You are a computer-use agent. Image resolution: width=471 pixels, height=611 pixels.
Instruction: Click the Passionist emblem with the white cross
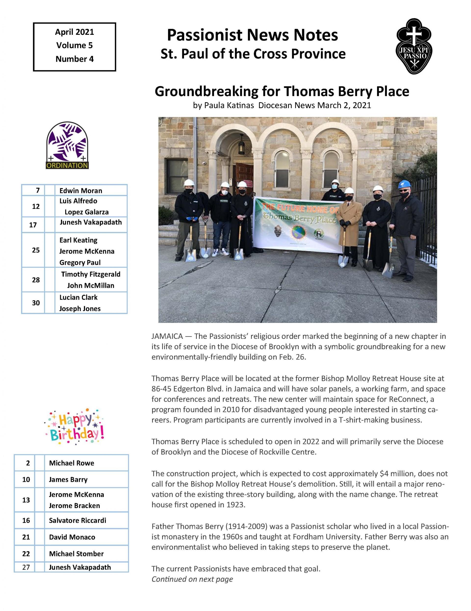click(x=414, y=46)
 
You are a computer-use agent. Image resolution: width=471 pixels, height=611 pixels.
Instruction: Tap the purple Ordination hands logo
click(x=67, y=145)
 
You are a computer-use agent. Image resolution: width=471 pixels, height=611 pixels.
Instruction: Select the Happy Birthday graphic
click(x=74, y=427)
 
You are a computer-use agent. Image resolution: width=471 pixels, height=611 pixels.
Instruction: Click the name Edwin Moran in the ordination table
click(x=81, y=191)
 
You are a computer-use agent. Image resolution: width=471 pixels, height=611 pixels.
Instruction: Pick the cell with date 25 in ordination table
click(x=36, y=250)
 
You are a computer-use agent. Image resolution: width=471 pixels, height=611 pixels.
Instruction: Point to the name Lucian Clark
click(x=78, y=297)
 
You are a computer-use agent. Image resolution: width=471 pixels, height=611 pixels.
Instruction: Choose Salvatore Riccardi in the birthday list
click(x=78, y=520)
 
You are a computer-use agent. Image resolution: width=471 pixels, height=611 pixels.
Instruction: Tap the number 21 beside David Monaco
click(x=26, y=537)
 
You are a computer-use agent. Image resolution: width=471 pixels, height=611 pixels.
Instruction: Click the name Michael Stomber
click(x=76, y=553)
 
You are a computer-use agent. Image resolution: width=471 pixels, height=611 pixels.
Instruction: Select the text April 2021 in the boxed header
click(x=74, y=32)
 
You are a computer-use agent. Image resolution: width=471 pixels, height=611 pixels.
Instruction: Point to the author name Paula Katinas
click(x=229, y=105)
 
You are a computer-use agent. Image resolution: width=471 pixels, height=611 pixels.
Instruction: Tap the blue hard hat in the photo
click(x=404, y=184)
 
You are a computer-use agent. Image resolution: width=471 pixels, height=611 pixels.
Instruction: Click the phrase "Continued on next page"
click(x=192, y=579)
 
